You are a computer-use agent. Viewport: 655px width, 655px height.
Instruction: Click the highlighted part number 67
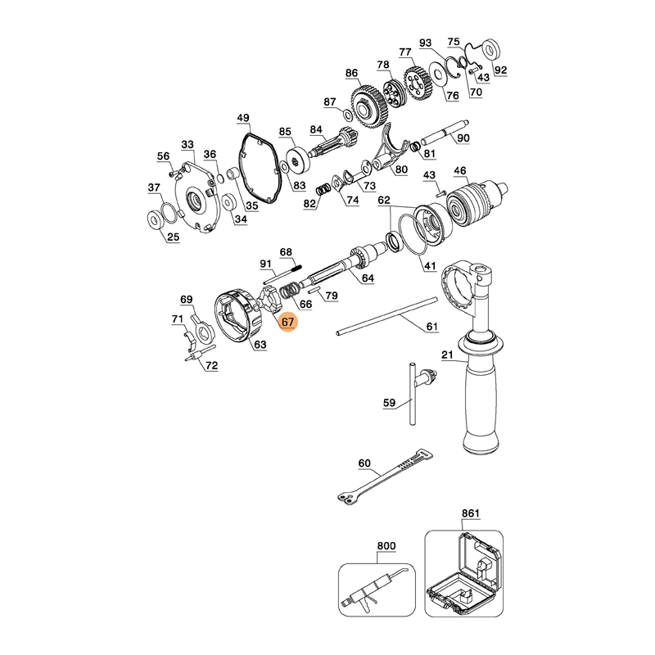287,322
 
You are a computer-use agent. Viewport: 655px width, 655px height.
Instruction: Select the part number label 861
470,513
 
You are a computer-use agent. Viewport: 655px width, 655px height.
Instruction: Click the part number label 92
500,70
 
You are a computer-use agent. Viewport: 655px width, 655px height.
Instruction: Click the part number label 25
173,237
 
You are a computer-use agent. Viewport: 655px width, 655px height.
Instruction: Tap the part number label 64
368,279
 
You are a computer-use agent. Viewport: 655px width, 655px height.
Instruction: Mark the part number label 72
211,365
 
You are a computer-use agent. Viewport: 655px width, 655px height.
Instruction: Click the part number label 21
447,355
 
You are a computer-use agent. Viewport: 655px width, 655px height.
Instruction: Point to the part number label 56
164,157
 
